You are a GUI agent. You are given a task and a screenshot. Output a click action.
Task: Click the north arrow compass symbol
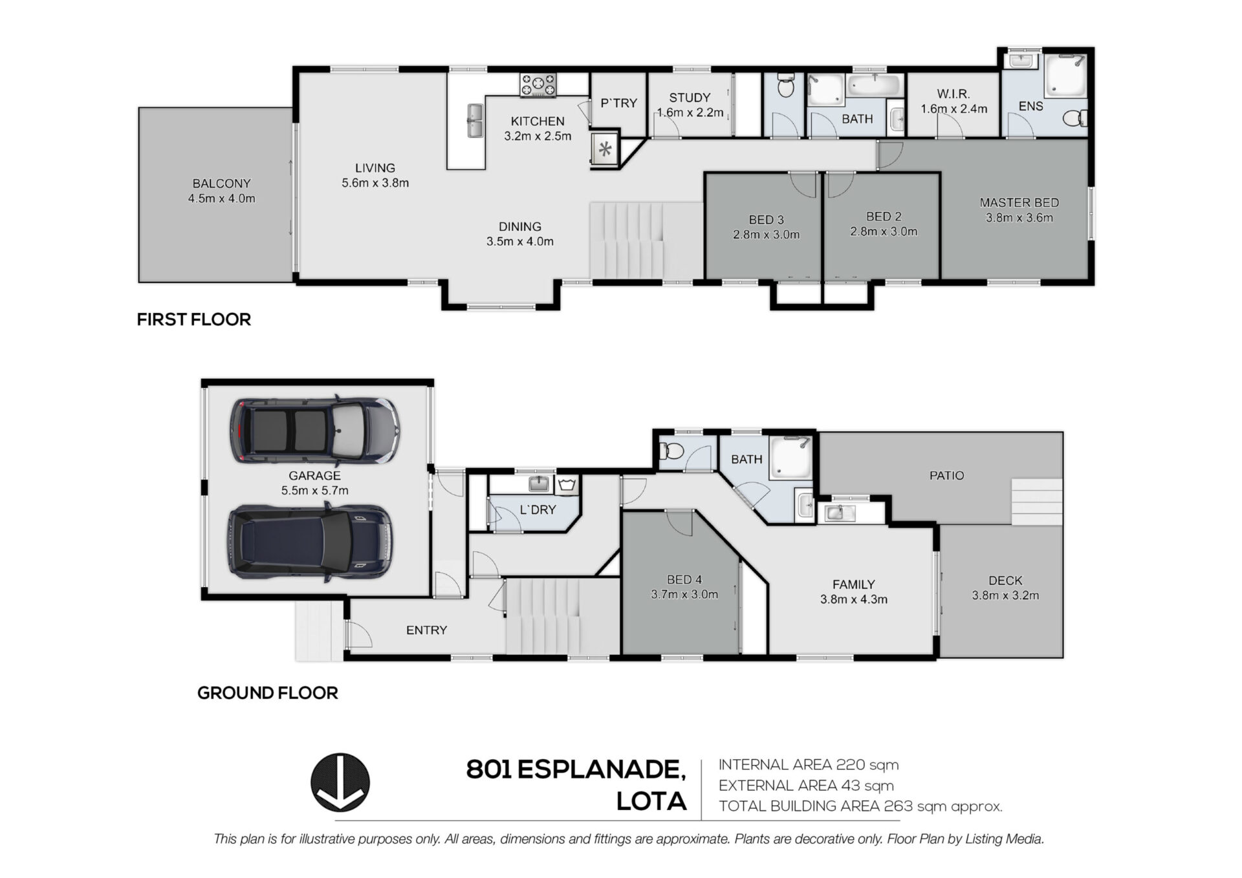click(x=340, y=782)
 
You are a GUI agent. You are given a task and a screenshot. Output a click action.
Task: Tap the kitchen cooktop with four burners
click(x=538, y=85)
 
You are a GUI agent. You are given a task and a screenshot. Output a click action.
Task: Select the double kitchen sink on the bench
click(x=475, y=121)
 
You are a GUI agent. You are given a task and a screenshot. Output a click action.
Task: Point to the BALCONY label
click(x=221, y=184)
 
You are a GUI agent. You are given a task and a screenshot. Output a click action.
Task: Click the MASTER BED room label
click(x=1019, y=202)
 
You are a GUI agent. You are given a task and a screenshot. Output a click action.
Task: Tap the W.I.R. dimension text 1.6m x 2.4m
click(x=954, y=109)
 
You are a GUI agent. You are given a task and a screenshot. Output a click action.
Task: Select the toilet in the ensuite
click(x=1076, y=118)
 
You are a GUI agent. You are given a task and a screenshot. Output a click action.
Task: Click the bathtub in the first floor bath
click(x=874, y=85)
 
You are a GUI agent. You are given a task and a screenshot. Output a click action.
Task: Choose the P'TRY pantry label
click(x=618, y=103)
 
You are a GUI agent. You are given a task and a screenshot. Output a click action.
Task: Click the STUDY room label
click(x=690, y=98)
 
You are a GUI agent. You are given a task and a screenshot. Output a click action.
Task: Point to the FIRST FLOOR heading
click(x=193, y=319)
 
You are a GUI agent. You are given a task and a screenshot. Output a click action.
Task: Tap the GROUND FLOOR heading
click(x=267, y=693)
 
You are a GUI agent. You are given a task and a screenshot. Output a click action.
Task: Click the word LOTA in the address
click(x=651, y=802)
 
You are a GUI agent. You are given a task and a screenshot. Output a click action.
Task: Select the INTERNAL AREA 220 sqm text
click(x=809, y=765)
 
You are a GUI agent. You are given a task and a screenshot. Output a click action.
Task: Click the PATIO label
click(x=946, y=475)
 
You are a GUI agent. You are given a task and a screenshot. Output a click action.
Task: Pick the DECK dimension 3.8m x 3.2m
click(x=1005, y=595)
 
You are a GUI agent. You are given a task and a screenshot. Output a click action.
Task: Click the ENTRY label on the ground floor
click(x=426, y=630)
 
